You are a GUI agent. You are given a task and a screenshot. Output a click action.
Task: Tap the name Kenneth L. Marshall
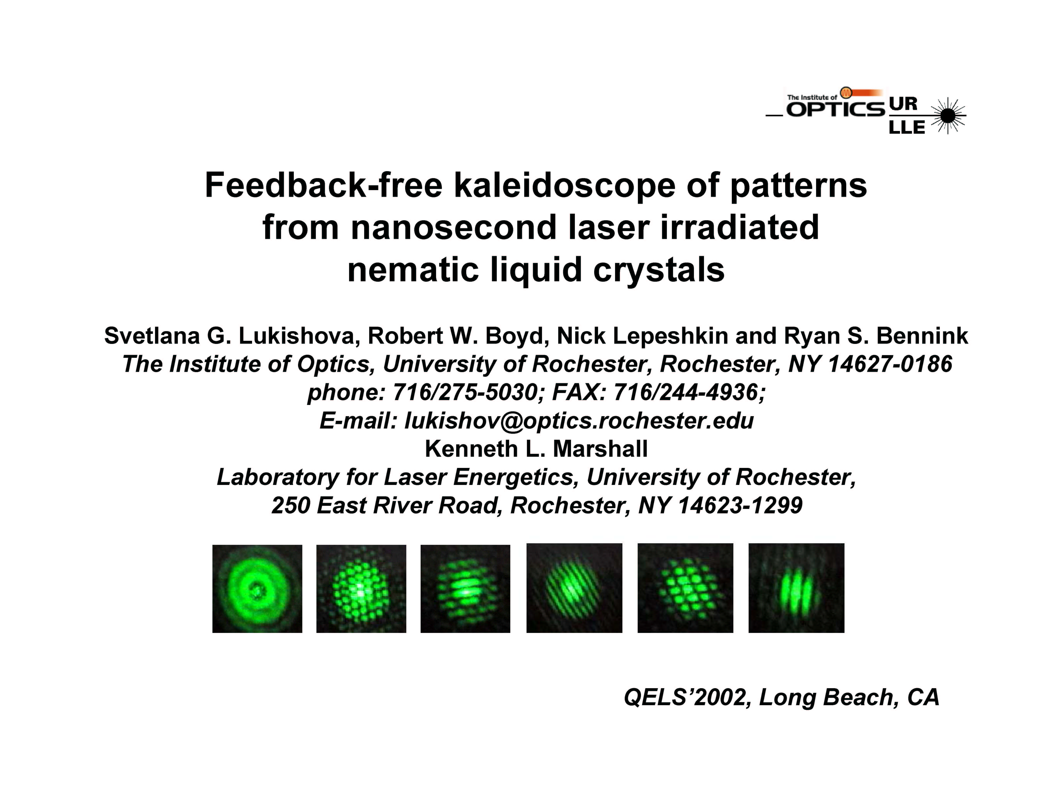coord(536,449)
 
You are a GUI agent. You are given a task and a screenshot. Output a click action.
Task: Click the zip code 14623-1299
coord(740,505)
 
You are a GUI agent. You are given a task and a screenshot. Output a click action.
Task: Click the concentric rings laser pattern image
coord(257,589)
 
